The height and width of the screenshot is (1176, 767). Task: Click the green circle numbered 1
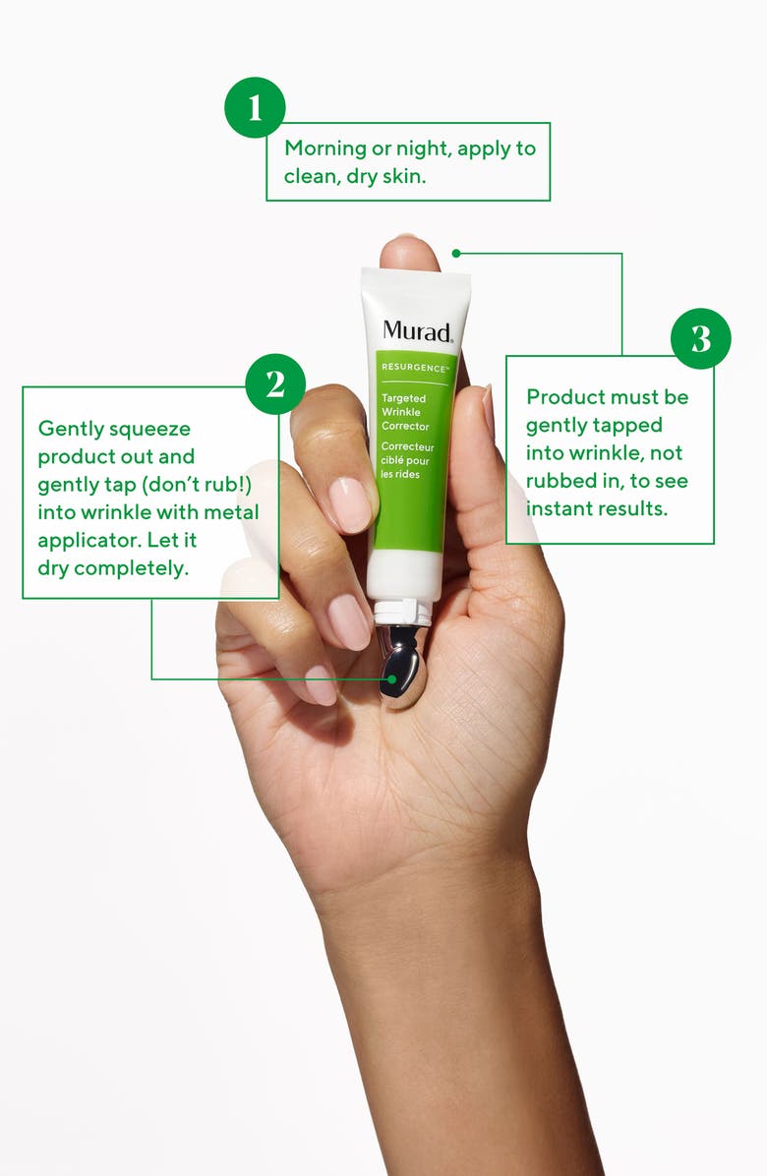(255, 107)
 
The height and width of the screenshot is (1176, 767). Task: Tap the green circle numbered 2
(275, 383)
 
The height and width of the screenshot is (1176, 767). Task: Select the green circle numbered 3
(700, 338)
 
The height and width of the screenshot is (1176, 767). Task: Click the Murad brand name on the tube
(417, 330)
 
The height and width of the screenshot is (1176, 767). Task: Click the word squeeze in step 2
(153, 429)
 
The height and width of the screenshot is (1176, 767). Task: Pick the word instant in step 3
(560, 508)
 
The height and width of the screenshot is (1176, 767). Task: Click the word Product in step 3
(565, 397)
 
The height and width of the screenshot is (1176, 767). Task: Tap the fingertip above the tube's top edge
(409, 252)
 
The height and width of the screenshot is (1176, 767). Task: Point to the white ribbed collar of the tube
(403, 612)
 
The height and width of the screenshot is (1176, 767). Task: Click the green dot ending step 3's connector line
(456, 253)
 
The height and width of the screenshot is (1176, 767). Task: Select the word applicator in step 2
(84, 541)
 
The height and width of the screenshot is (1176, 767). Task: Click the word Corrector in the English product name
(405, 426)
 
